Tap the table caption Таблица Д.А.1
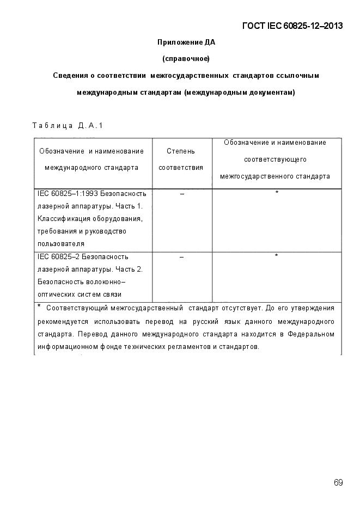68,126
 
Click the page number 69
338,482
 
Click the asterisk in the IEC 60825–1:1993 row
277,193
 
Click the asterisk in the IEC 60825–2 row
277,256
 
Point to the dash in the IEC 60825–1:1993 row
181,194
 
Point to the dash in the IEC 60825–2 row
181,256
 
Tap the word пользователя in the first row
61,244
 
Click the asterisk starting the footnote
39,306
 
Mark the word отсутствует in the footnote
224,308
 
